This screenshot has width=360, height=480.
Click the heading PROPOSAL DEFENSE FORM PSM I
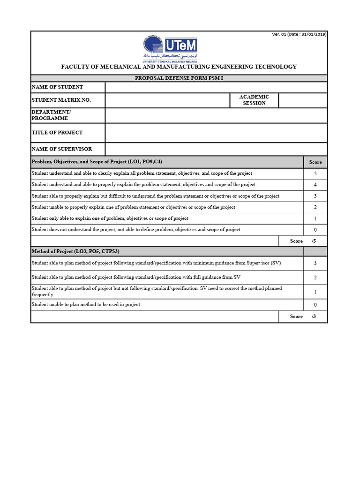(179, 78)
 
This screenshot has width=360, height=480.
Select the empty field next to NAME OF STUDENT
(216, 87)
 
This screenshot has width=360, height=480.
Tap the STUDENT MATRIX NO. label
(61, 100)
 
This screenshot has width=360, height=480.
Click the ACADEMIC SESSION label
(254, 100)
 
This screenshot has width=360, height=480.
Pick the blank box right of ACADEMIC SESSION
(303, 100)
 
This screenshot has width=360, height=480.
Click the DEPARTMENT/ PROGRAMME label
(51, 115)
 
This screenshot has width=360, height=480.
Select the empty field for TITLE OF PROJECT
(216, 133)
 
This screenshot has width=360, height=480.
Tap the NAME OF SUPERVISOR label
(61, 149)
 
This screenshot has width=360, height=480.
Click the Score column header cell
(315, 162)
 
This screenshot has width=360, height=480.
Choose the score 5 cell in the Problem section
(315, 173)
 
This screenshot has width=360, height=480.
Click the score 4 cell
(315, 185)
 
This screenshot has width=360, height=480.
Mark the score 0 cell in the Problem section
(315, 230)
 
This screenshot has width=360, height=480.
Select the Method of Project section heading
(75, 251)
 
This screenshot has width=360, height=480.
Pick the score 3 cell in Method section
(315, 263)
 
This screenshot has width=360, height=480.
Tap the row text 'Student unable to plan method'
(86, 305)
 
